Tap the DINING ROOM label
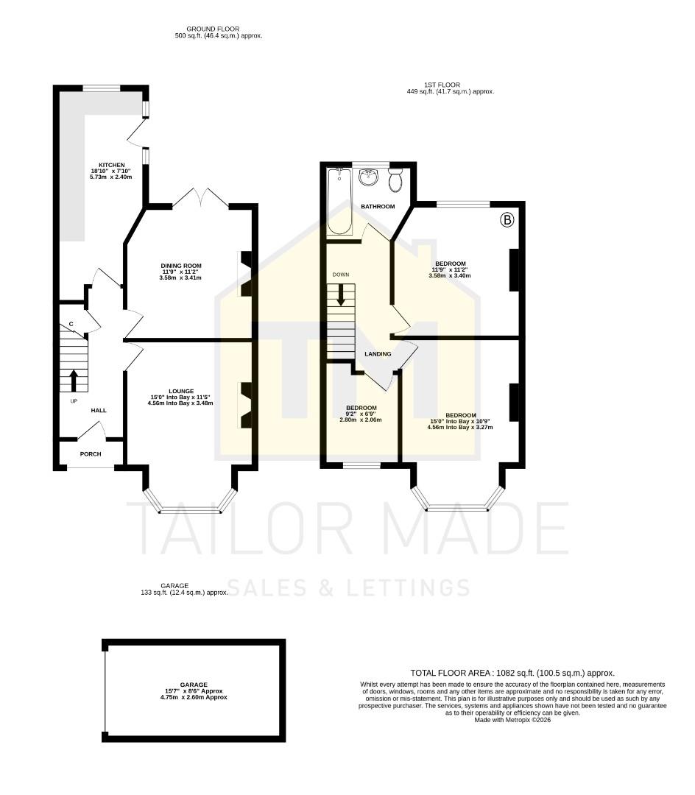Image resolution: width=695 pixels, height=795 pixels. tap(181, 266)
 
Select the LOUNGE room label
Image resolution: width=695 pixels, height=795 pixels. tap(181, 391)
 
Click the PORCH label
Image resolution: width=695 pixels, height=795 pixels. tap(91, 453)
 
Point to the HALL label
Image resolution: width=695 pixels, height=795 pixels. tap(99, 410)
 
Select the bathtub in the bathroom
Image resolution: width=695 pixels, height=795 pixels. tap(340, 201)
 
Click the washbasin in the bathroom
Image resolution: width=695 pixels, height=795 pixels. tap(367, 177)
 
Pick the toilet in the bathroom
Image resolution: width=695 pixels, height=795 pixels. tap(395, 179)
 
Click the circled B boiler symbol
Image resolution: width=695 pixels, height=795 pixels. tap(507, 219)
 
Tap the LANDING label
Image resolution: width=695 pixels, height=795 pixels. tap(378, 354)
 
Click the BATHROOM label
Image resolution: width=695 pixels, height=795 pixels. tap(378, 207)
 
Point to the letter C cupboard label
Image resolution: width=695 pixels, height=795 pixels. tap(71, 324)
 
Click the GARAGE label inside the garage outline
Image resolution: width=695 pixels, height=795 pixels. tap(194, 684)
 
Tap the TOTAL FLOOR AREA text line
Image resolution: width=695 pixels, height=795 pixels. tap(512, 673)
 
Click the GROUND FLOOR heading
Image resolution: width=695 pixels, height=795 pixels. tap(213, 29)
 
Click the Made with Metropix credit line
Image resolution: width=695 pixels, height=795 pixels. tap(512, 720)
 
